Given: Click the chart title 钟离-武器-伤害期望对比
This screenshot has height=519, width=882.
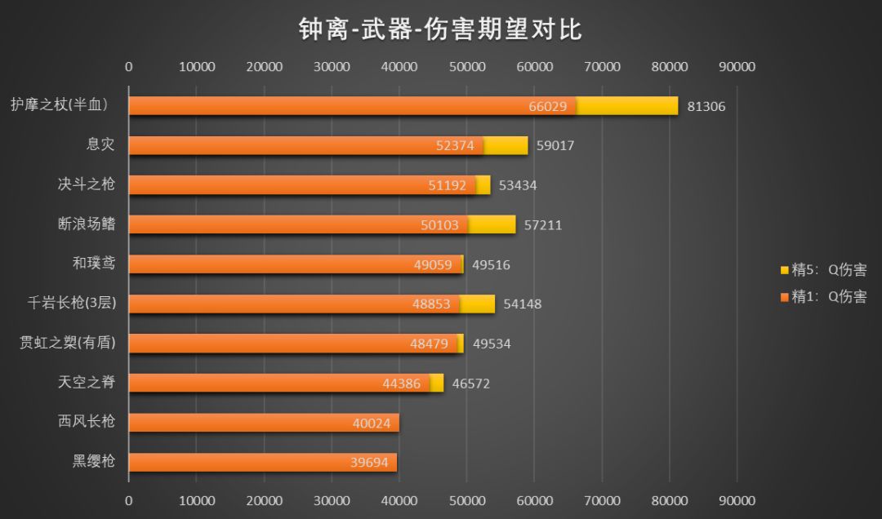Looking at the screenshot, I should (440, 30).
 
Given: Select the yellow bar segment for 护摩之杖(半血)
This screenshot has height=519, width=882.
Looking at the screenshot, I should (627, 106).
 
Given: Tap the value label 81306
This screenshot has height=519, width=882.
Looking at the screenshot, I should (706, 106).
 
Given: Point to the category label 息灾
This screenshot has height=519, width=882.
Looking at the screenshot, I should (100, 144).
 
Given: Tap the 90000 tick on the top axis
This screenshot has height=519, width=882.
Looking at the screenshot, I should (737, 67).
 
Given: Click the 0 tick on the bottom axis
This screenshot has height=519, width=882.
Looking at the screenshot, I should (129, 499).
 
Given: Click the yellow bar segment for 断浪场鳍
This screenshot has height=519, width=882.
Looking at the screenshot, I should (492, 224).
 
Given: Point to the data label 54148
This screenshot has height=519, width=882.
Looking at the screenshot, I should (522, 304).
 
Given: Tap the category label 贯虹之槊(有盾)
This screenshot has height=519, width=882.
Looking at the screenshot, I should (68, 343).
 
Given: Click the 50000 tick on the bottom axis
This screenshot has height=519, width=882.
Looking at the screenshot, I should (466, 499).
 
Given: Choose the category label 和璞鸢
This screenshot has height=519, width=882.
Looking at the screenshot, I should (94, 263).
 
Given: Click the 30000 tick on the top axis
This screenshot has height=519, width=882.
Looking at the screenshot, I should (332, 67).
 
